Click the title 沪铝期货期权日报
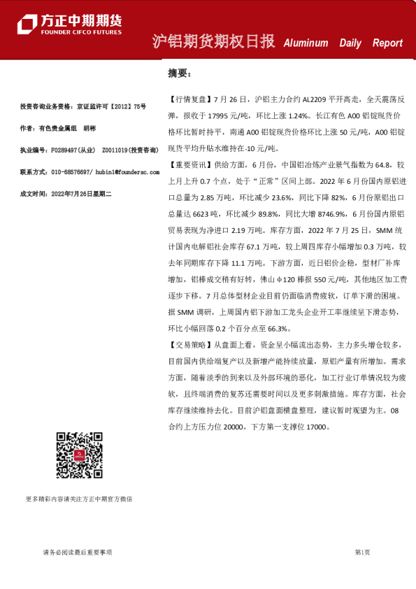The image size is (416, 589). pyautogui.click(x=214, y=42)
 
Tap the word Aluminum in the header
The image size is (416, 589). pyautogui.click(x=306, y=43)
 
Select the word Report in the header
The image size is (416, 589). pyautogui.click(x=387, y=43)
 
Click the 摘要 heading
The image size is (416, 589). pyautogui.click(x=178, y=73)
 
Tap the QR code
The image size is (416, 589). pyautogui.click(x=78, y=455)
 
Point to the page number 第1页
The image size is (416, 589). pyautogui.click(x=362, y=552)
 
